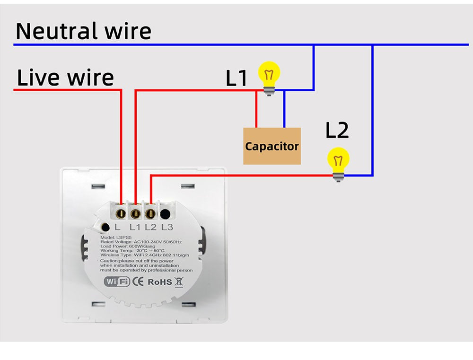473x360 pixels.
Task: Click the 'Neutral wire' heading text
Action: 84,31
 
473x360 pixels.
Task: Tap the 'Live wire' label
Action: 65,77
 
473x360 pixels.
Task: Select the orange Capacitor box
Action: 272,146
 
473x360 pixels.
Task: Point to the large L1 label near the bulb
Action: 236,79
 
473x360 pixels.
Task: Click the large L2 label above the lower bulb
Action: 337,131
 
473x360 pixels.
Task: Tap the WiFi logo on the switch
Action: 117,281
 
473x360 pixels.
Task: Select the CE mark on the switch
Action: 138,281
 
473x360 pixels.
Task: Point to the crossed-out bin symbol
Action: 179,281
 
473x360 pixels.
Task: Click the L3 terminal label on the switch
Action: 167,227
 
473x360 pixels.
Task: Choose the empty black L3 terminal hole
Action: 166,213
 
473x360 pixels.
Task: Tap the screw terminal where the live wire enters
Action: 122,212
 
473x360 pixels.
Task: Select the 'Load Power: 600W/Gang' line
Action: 128,246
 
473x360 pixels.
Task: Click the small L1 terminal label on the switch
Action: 135,227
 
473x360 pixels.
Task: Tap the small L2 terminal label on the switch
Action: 151,227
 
